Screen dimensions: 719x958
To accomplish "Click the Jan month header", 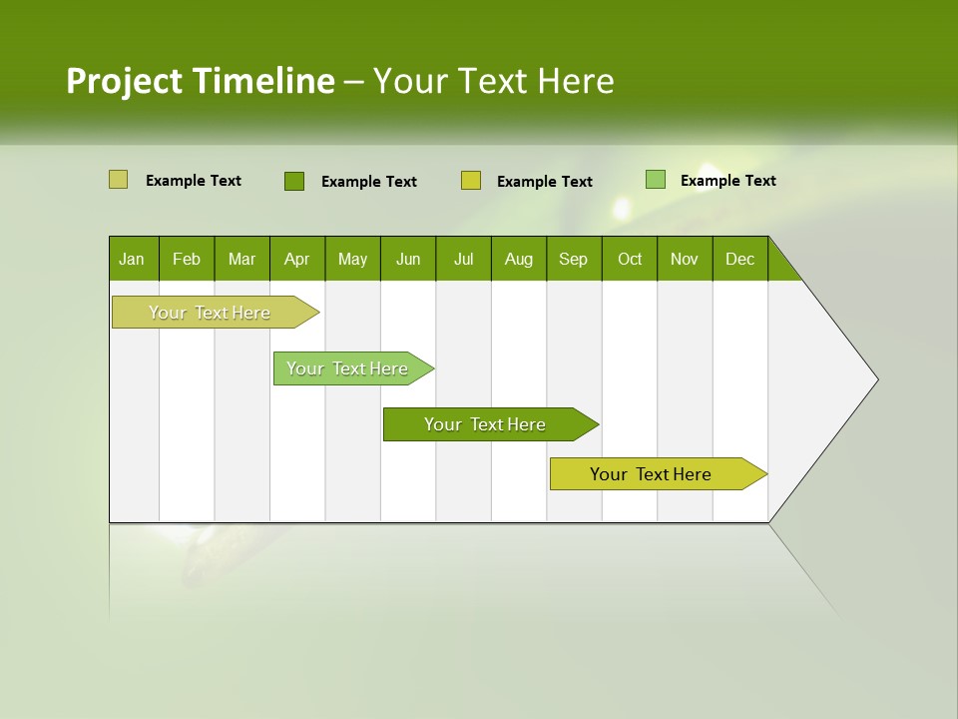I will (132, 259).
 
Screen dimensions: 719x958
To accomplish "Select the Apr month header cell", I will (296, 259).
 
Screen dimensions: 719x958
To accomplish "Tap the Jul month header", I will (463, 259).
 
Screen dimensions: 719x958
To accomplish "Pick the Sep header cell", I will (573, 259).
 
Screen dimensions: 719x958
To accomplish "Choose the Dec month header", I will (739, 259).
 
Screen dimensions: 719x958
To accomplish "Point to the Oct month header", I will (629, 259).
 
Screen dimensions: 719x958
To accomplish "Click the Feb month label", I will (187, 259).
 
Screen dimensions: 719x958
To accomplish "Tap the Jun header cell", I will (407, 259).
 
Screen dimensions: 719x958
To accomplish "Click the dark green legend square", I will (294, 181).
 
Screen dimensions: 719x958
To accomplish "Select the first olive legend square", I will (118, 180).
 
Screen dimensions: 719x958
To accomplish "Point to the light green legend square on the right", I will (656, 180).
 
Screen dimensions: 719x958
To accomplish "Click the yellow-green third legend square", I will (471, 181).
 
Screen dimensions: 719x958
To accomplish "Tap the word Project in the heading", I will (125, 81).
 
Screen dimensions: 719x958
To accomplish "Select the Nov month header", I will (685, 259).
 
